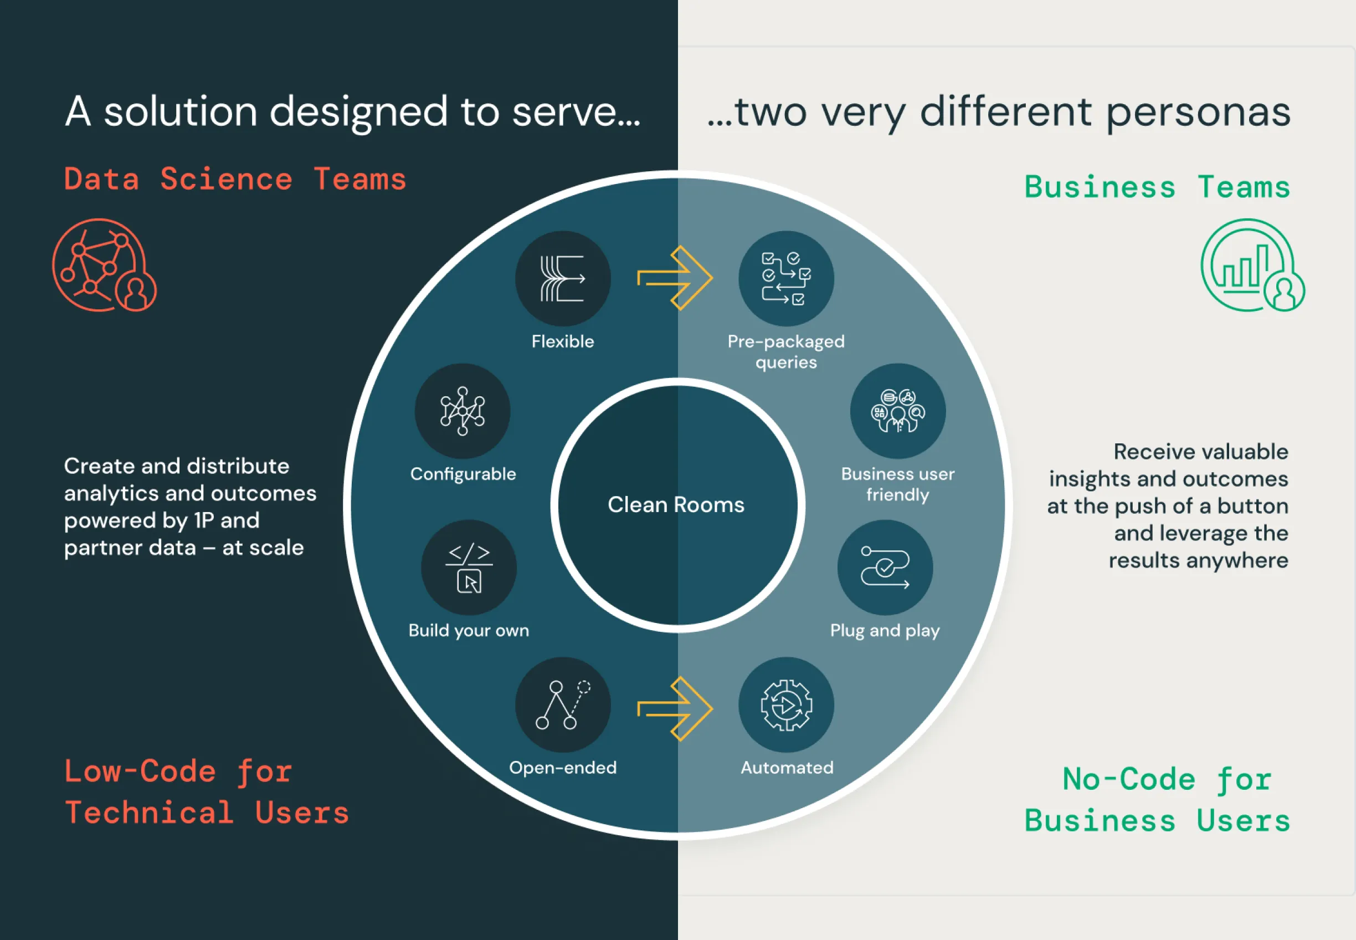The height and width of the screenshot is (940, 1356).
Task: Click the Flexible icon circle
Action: click(x=563, y=279)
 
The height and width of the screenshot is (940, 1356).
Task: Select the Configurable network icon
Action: click(x=463, y=411)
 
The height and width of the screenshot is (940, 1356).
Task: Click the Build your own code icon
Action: click(x=469, y=567)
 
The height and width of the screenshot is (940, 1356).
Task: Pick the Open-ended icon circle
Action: click(x=563, y=705)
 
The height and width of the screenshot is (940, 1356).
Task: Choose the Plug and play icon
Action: click(x=885, y=567)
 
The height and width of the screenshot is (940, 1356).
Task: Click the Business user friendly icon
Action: click(x=897, y=411)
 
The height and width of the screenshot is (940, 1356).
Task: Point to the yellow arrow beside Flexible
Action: click(x=675, y=278)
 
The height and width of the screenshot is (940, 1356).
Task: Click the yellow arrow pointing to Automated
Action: click(x=675, y=708)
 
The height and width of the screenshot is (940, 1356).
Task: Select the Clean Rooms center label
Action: click(x=676, y=505)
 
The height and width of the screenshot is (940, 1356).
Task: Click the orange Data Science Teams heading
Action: click(x=235, y=179)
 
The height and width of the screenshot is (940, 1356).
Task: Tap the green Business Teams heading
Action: click(x=1157, y=187)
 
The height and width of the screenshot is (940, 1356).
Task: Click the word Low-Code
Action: click(x=140, y=772)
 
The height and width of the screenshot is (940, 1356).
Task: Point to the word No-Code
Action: click(x=1128, y=779)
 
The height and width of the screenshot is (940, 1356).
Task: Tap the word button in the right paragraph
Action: click(x=1252, y=506)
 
